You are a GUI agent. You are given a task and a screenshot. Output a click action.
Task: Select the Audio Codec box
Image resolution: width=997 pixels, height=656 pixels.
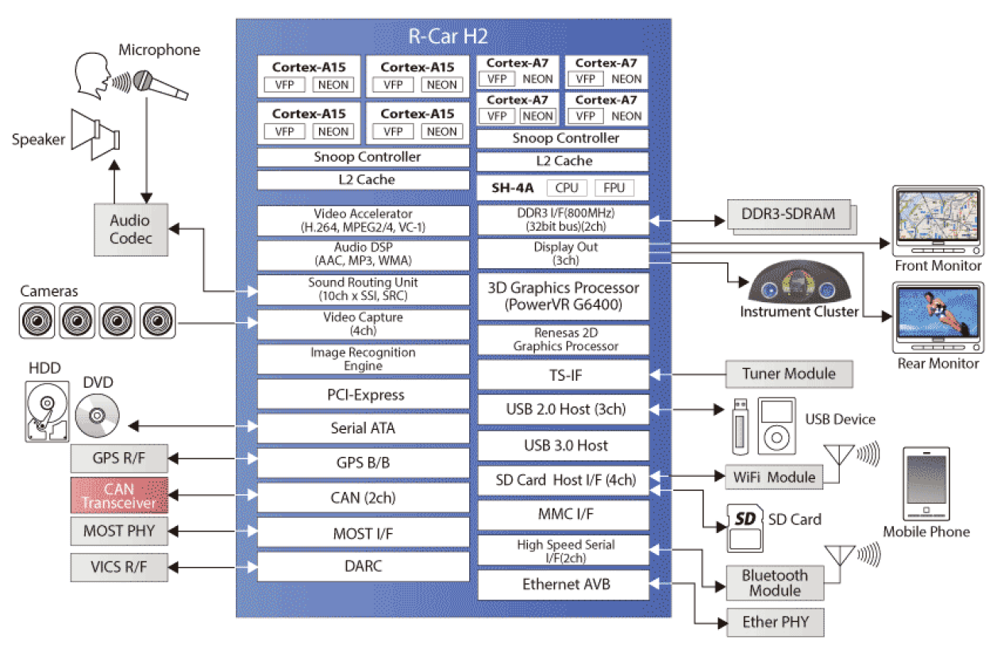tap(130, 229)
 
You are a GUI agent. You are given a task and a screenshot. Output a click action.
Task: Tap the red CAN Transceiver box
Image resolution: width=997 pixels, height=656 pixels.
tap(119, 496)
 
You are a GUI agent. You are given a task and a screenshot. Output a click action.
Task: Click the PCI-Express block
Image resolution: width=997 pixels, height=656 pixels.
tap(366, 394)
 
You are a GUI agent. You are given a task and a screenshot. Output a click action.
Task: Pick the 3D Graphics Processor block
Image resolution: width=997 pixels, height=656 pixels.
tap(563, 296)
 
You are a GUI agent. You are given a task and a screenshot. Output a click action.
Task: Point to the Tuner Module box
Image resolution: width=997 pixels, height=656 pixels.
tap(787, 374)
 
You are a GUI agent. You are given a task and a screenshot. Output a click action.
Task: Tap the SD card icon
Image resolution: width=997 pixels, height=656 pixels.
tap(744, 527)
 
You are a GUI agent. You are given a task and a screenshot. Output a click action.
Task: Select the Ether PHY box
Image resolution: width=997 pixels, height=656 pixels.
tap(775, 622)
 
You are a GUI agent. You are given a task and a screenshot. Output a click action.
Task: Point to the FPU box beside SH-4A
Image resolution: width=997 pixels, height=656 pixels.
tap(614, 188)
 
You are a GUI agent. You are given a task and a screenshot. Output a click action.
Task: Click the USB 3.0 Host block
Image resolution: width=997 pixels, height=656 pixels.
tap(563, 445)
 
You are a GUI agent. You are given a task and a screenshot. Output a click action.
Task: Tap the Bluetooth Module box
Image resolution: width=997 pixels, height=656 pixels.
tap(775, 583)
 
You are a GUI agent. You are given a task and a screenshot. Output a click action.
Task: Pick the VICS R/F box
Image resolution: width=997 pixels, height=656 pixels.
tap(119, 566)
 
